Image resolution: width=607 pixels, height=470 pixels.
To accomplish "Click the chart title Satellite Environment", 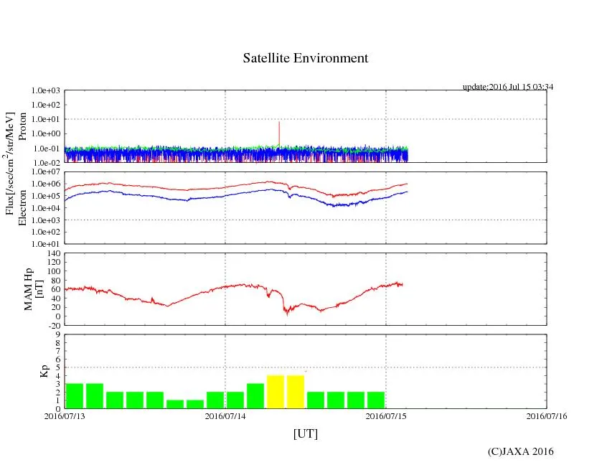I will tap(305, 58).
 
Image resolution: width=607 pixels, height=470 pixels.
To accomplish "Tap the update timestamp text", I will tap(507, 87).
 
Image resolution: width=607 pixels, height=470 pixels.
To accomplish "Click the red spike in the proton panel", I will tap(278, 133).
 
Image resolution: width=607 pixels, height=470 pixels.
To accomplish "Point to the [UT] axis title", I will tap(305, 433).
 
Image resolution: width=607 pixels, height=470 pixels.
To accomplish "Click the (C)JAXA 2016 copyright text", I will tap(520, 451).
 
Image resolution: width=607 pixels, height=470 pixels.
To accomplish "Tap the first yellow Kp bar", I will tap(276, 391).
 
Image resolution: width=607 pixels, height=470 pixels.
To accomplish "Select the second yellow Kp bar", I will tap(296, 391).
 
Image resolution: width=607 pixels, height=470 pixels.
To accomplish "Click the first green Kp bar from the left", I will tap(75, 395).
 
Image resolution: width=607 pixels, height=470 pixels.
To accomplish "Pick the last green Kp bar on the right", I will tap(376, 400).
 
